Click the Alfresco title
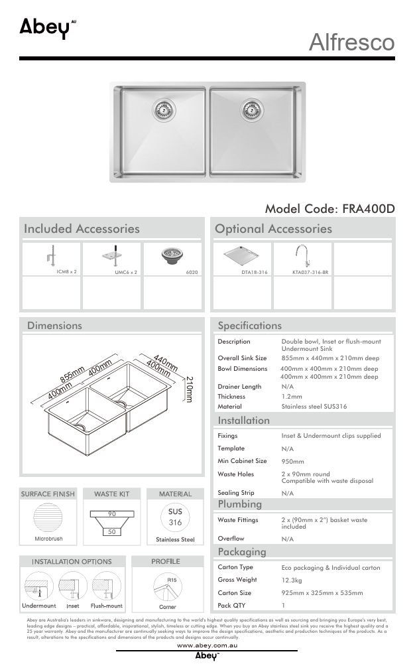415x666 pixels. [351, 42]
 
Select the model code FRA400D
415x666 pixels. [329, 208]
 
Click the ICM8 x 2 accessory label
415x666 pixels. [67, 271]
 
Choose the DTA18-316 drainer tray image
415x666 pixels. [240, 255]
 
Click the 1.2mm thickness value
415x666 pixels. [291, 397]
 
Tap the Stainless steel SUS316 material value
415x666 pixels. [314, 407]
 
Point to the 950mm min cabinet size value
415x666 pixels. [293, 462]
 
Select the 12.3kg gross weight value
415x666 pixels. [292, 580]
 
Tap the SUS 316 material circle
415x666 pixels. [175, 517]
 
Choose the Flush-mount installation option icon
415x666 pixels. [106, 586]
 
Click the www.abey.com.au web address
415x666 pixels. [207, 645]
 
